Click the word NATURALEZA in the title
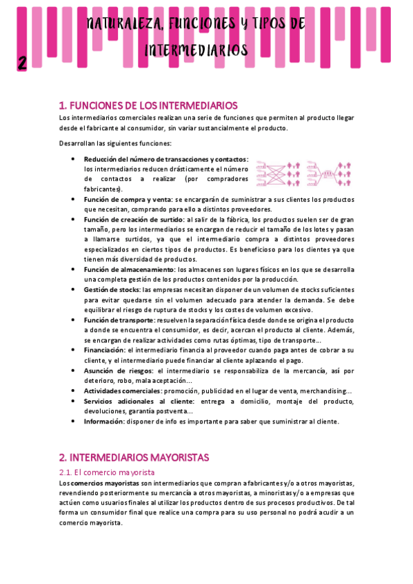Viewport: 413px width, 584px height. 122,25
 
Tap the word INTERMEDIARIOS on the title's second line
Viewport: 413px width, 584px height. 197,50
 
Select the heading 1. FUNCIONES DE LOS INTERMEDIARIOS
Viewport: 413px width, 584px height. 148,105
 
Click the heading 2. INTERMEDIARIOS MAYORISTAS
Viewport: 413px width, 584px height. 134,457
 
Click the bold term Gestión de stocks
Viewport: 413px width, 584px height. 111,290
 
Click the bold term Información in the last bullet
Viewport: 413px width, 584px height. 104,421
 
